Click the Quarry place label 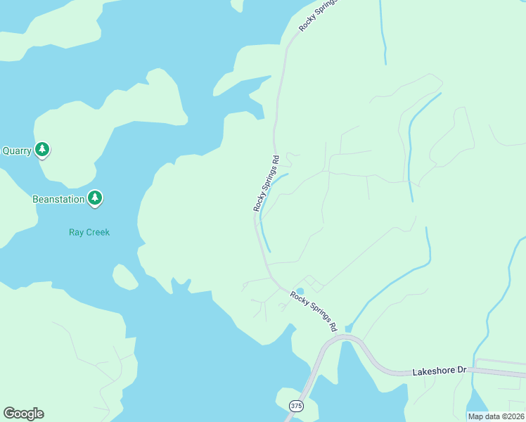tap(16, 151)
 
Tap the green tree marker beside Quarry tap(43, 149)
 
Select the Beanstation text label tap(58, 199)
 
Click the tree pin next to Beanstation tap(95, 198)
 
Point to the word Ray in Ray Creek tap(77, 232)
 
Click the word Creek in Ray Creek tap(98, 232)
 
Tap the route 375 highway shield tap(296, 407)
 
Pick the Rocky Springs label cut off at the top tap(318, 15)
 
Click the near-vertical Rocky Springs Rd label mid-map tap(267, 184)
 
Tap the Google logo tap(23, 414)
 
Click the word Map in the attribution tap(475, 416)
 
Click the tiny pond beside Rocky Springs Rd tap(300, 291)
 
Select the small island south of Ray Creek tap(125, 277)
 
